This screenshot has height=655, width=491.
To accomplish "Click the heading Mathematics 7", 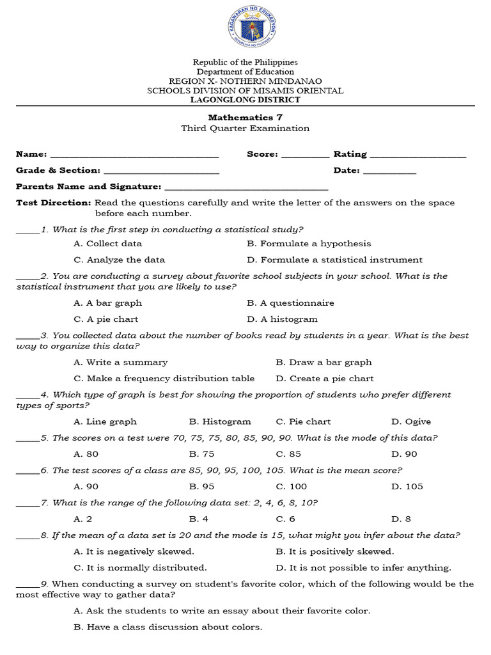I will coord(245,117).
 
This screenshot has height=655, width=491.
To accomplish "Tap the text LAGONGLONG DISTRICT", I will coord(245,100).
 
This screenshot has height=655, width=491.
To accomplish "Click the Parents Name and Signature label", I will coord(88,187).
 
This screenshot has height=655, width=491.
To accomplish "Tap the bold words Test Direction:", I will coord(54,203).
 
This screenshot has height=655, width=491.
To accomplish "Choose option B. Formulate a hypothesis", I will coord(309,244).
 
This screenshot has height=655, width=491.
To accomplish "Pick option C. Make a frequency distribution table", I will coord(164,379).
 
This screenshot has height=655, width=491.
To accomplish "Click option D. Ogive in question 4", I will coord(411,422).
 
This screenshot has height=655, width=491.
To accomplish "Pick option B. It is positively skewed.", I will coord(335,551).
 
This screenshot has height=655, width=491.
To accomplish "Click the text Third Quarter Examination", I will coord(245,129).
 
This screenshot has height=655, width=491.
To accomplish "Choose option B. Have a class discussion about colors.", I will coord(168,627).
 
